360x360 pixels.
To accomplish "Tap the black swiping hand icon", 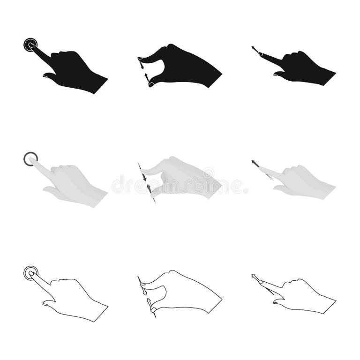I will coord(300,68).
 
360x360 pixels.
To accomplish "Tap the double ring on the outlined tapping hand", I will coord(30,273).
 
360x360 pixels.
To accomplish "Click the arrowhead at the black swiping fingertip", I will coord(254,48).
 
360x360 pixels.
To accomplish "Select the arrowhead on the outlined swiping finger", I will coord(254,276).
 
